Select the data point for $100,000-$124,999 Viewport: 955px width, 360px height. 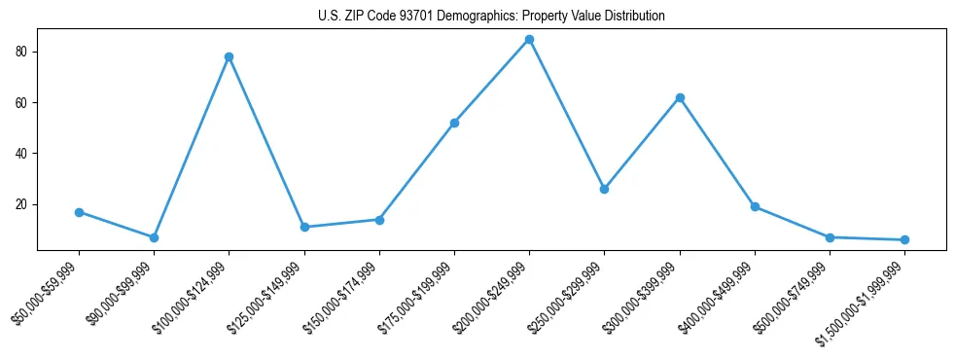click(229, 56)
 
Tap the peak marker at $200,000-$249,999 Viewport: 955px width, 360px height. click(529, 39)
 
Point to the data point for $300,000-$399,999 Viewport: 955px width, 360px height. click(680, 97)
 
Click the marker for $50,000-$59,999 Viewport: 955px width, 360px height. click(79, 212)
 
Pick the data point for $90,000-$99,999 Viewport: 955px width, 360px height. click(154, 237)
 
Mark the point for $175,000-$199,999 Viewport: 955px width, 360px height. click(454, 123)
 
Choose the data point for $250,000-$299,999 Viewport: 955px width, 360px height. click(604, 189)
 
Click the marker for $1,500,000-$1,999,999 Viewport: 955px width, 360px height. click(904, 239)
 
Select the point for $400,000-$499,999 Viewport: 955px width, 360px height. click(755, 206)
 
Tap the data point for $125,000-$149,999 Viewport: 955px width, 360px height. click(304, 227)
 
